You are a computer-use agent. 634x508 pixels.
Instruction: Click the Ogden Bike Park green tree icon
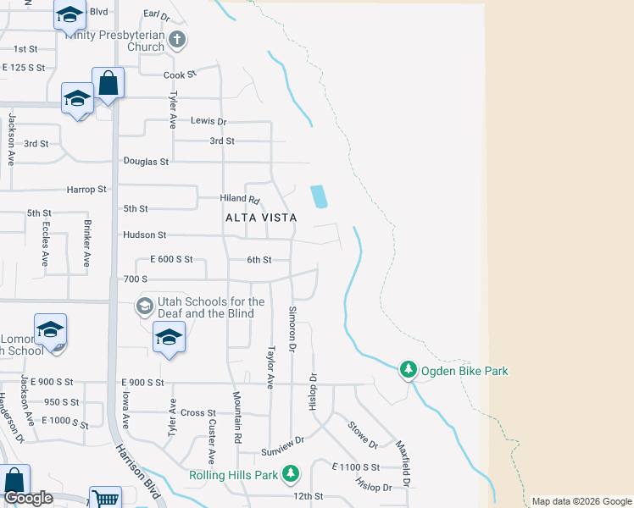(409, 369)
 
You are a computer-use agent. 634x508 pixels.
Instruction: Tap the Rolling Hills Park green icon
(292, 473)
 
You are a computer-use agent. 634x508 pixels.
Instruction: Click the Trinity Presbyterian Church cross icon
(177, 39)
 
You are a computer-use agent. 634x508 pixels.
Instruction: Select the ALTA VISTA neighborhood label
(261, 218)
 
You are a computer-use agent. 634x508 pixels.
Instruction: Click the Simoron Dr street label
(292, 329)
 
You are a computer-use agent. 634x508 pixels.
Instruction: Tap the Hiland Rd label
(241, 199)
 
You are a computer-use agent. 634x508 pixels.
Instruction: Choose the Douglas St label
(146, 161)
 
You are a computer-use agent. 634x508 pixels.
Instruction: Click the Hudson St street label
(144, 235)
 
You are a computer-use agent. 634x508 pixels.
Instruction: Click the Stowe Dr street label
(362, 434)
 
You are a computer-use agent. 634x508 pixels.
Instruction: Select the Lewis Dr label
(209, 122)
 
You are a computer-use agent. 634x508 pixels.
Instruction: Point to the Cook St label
(180, 75)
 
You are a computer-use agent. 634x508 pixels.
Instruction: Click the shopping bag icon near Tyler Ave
(108, 83)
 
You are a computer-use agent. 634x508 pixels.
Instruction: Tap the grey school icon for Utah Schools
(144, 305)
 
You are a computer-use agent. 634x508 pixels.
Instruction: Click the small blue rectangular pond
(319, 196)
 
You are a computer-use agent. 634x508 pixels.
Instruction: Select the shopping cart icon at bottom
(104, 498)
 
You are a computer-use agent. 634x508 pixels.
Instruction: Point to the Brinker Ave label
(87, 245)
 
